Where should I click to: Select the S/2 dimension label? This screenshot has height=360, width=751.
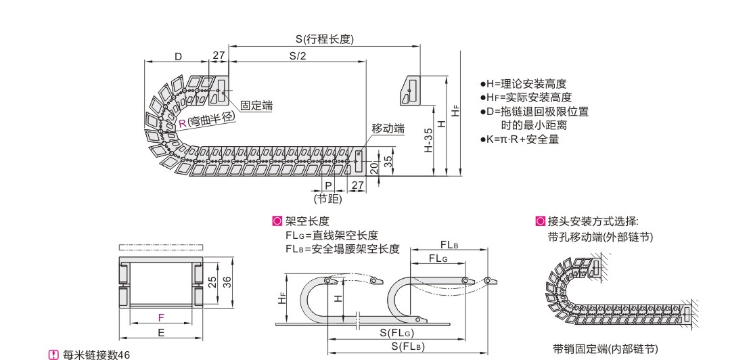point(298,55)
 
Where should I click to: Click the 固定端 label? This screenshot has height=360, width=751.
point(256,106)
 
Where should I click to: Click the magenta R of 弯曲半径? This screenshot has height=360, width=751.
point(182,122)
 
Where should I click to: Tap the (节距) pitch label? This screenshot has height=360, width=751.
point(327,200)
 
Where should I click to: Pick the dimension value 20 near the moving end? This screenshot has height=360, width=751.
point(374,167)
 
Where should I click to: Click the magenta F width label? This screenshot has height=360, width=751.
point(160,317)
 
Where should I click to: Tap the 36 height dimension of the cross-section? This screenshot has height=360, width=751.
point(229,282)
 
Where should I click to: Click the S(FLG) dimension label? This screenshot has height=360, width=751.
point(397,332)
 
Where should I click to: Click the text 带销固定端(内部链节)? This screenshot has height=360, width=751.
point(605,348)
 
